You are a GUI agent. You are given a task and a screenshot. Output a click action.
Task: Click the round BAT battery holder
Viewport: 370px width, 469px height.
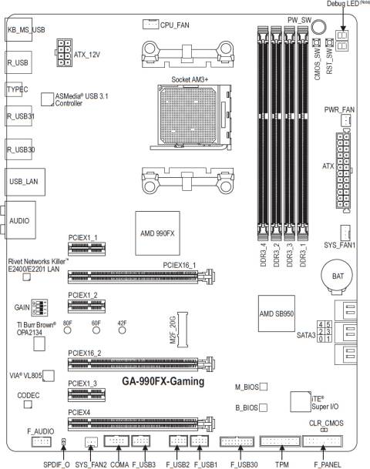pyautogui.click(x=337, y=276)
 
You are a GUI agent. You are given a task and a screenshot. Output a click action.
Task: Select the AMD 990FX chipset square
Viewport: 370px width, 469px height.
pyautogui.click(x=157, y=233)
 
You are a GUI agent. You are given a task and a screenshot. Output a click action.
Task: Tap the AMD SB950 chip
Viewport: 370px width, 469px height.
pyautogui.click(x=277, y=313)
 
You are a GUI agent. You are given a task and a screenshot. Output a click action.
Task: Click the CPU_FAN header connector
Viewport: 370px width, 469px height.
pyautogui.click(x=150, y=24)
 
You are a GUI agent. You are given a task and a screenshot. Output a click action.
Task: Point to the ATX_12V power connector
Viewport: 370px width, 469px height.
pyautogui.click(x=64, y=52)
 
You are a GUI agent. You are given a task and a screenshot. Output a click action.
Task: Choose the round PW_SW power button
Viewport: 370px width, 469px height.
pyautogui.click(x=318, y=26)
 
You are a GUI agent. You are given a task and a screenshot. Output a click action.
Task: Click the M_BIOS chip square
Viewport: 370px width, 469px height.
pyautogui.click(x=264, y=387)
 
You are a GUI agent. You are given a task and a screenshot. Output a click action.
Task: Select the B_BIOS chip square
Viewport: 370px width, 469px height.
pyautogui.click(x=263, y=407)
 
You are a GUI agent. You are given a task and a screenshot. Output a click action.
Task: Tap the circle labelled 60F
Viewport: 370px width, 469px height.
pyautogui.click(x=96, y=330)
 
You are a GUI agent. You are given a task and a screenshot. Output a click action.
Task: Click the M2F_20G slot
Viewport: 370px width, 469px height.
pyautogui.click(x=183, y=330)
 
